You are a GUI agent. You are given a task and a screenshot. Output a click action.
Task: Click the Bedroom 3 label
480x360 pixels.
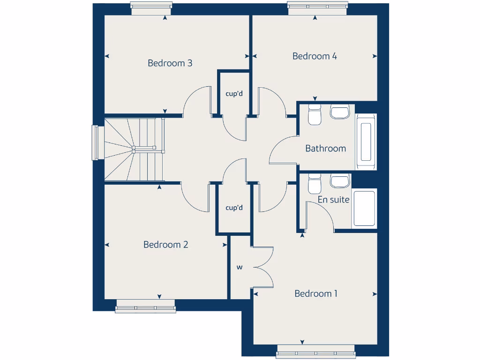[170, 63]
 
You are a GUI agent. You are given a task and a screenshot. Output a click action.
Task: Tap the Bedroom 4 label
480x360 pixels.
[315, 56]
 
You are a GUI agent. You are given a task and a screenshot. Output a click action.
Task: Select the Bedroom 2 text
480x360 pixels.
[165, 245]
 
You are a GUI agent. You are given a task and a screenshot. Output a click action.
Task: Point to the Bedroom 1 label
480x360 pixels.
[316, 294]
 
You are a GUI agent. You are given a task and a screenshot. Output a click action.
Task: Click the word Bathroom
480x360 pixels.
[325, 149]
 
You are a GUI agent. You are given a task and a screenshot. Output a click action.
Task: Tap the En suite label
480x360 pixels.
[333, 200]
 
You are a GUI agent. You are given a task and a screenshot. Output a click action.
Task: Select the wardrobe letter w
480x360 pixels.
[240, 268]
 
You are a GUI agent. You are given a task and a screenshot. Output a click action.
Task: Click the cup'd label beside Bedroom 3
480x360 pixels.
[234, 93]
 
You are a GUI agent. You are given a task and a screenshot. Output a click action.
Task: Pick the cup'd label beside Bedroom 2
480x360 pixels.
[234, 208]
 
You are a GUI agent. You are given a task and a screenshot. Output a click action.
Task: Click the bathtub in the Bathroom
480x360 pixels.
[366, 142]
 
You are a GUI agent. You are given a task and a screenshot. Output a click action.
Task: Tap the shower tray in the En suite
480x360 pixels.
[365, 208]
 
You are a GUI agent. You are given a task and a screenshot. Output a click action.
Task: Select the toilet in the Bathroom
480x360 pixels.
[315, 114]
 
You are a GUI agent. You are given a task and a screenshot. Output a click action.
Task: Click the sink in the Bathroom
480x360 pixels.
[340, 112]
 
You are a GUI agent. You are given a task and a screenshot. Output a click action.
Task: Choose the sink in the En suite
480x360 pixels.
[340, 180]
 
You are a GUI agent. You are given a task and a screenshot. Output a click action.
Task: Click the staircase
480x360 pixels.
[134, 150]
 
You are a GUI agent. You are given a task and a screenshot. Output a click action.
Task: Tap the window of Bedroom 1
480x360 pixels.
[315, 351]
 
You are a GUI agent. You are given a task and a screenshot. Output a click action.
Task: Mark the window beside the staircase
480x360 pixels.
[96, 142]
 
